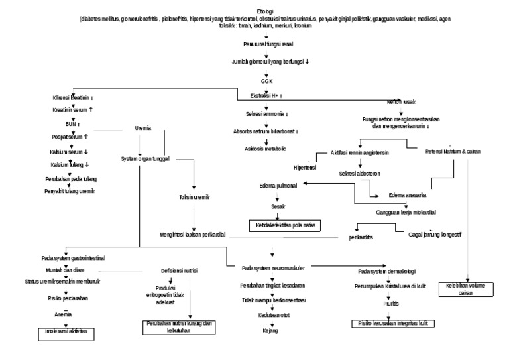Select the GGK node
click(266, 80)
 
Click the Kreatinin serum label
click(73, 109)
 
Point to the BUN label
click(70, 123)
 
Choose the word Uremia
click(142, 128)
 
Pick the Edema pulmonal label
click(278, 186)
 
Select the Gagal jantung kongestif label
click(435, 234)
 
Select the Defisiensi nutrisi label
click(180, 270)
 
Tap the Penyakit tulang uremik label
click(70, 191)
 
